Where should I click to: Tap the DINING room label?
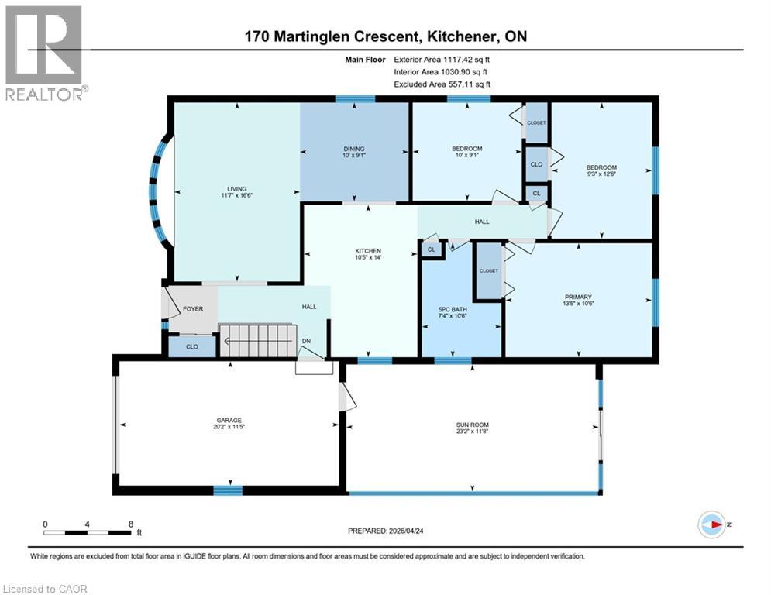[354, 150]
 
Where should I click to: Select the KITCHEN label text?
[367, 251]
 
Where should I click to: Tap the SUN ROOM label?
[472, 425]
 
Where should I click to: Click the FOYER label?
[193, 308]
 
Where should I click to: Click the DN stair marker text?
[306, 340]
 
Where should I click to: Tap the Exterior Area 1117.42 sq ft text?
[442, 59]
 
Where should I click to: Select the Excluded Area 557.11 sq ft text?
[442, 84]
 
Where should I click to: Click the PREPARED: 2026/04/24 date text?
[388, 531]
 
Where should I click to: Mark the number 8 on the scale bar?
[129, 524]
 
